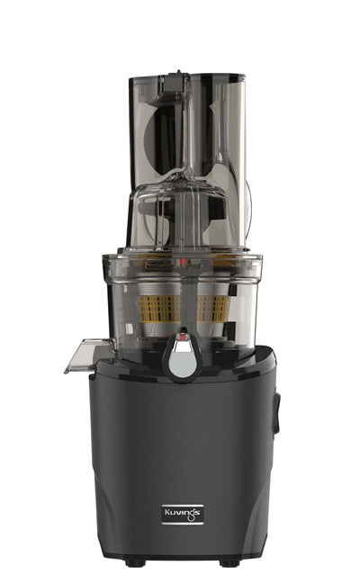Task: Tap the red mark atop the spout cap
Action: pos(184,339)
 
